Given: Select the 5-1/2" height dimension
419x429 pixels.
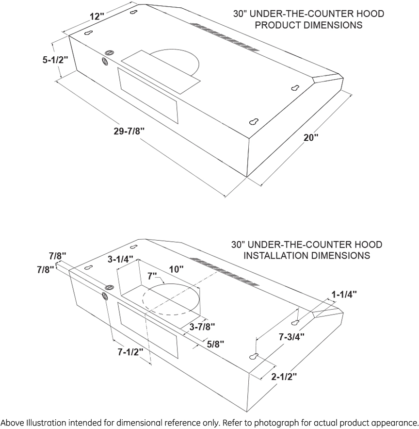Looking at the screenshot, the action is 55,60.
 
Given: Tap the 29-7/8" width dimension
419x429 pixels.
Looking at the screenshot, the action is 129,132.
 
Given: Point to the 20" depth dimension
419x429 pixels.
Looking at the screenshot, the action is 311,137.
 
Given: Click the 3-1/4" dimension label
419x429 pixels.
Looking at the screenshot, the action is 120,259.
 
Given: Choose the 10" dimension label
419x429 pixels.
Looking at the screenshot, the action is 177,269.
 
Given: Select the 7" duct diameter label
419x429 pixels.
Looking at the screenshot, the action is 152,276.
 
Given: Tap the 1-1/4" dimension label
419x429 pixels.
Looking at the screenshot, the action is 344,295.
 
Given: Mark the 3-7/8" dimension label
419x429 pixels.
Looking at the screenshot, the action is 202,327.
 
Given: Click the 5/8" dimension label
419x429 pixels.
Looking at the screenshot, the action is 215,344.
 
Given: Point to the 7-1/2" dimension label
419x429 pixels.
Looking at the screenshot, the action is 130,352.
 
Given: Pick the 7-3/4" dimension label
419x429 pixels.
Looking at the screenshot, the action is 291,337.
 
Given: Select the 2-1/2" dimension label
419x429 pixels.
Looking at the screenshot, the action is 284,377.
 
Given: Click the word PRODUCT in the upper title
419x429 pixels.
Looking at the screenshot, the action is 278,25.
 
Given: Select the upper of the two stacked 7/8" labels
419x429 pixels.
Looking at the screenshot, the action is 58,256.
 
